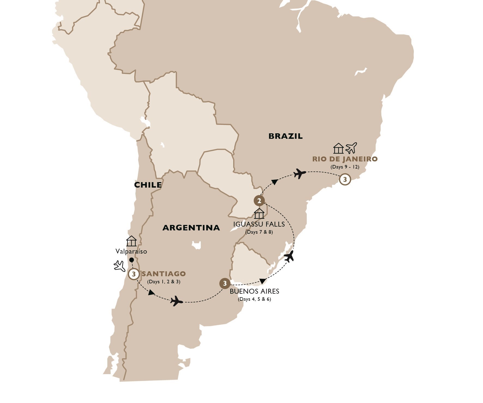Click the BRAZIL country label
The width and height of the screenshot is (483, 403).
tap(285, 136)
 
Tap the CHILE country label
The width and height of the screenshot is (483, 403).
tap(148, 185)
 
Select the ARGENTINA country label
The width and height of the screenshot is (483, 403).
tap(191, 228)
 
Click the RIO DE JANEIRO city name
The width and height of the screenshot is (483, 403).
tap(345, 159)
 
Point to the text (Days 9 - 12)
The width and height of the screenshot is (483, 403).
tap(345, 167)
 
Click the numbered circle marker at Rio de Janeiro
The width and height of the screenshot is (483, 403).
tap(345, 180)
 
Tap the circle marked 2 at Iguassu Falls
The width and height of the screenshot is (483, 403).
tap(259, 201)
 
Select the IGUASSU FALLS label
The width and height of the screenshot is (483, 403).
tap(259, 224)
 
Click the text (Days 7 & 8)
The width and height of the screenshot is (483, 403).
tap(259, 232)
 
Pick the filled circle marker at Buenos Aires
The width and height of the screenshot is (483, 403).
tap(225, 284)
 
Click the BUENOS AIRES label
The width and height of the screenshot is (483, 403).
tap(254, 291)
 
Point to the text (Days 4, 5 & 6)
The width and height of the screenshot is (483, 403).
tap(254, 299)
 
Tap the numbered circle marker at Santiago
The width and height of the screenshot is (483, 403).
tap(133, 274)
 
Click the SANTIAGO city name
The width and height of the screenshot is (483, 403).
tap(164, 274)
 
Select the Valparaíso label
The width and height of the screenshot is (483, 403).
tap(131, 251)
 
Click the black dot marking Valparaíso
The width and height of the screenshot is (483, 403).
tap(132, 260)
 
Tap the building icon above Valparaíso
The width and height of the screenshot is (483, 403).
tap(131, 241)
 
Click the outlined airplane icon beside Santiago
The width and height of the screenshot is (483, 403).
tap(119, 266)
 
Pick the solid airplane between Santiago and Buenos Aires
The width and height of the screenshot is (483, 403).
tap(177, 301)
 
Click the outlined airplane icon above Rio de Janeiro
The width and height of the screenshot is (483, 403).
tap(351, 148)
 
